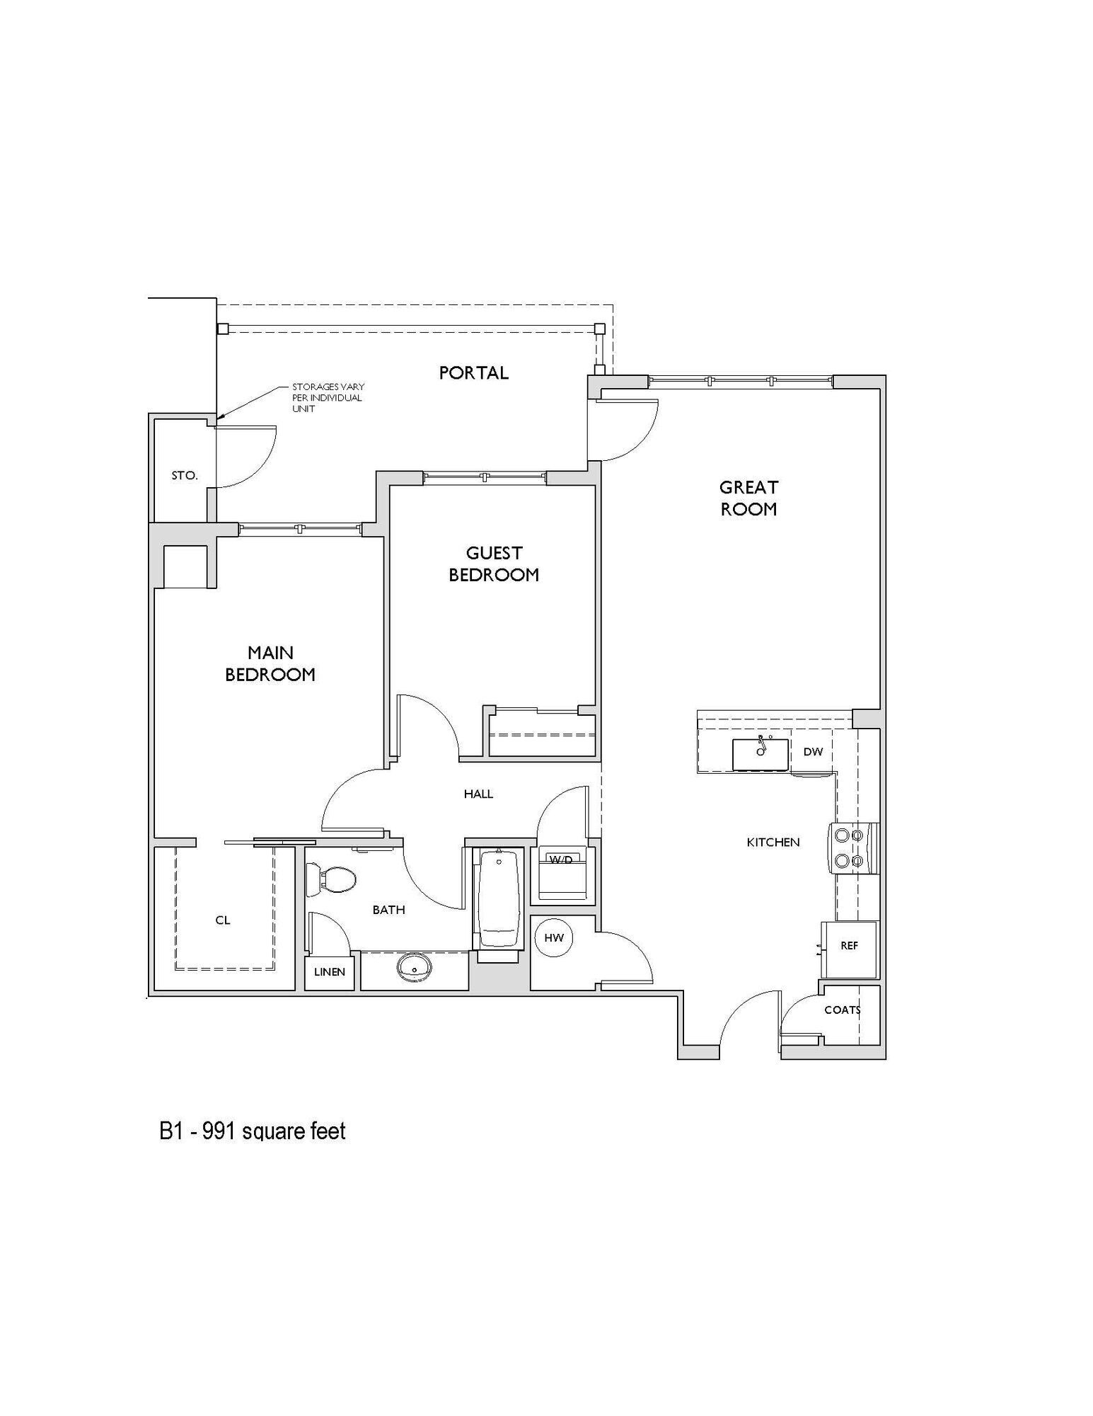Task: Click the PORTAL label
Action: [473, 372]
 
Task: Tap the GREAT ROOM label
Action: [748, 498]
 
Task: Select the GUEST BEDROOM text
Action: [494, 564]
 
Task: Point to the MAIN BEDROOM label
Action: [270, 663]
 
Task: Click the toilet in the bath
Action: [331, 880]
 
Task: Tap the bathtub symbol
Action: [499, 901]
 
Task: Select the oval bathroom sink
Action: [415, 967]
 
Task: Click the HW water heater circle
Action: [554, 938]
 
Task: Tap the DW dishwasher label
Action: [813, 752]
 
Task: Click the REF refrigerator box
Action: [849, 946]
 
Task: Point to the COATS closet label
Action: [842, 1010]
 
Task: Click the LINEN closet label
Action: [330, 972]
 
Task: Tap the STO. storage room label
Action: [185, 476]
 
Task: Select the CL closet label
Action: [223, 920]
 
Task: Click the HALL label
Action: [478, 794]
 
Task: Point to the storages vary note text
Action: [328, 398]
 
